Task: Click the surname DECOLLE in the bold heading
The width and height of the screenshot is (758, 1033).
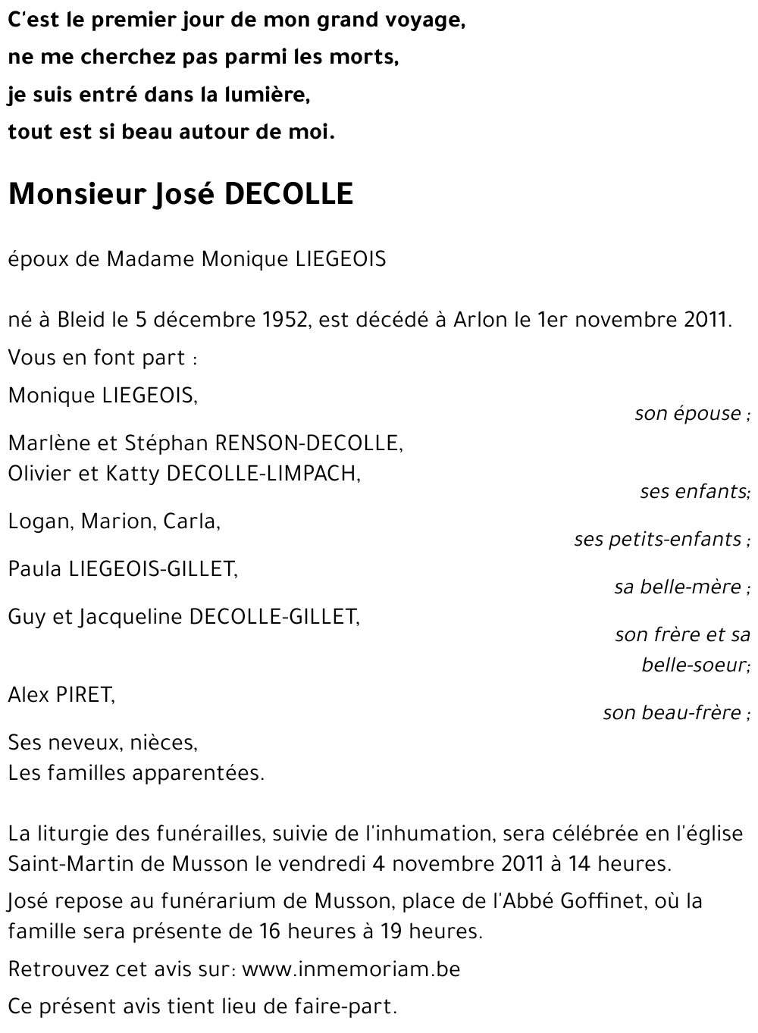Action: [x=289, y=195]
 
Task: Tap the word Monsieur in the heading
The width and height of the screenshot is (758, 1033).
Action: [x=76, y=195]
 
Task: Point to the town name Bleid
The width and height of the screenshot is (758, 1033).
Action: [x=80, y=320]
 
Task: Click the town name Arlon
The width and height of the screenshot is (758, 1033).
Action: [x=480, y=320]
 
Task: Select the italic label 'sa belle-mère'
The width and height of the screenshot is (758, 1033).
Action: [x=678, y=587]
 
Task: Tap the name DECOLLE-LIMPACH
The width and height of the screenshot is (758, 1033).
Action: [x=262, y=474]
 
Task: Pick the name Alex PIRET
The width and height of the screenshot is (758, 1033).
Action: [x=61, y=694]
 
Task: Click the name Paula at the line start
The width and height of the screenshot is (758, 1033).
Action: [x=35, y=569]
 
